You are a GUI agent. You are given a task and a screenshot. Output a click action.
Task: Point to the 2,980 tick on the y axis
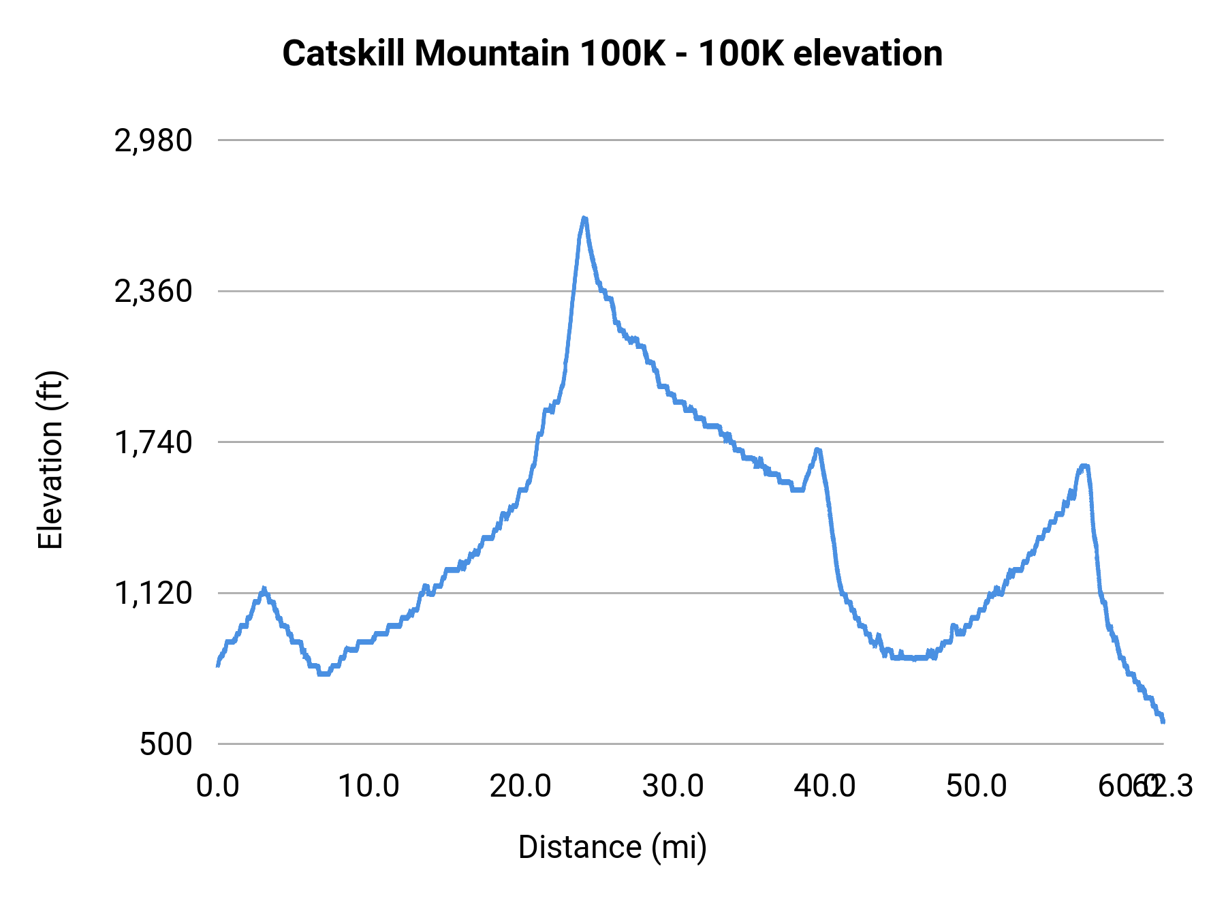pos(153,140)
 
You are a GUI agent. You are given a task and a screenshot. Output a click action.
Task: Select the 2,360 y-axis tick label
pos(153,292)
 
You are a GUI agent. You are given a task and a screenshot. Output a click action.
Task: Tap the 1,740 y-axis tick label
pos(153,442)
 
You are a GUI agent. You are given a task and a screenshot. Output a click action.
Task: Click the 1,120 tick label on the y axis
pos(153,594)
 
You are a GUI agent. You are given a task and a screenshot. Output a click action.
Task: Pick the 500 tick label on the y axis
pos(166,744)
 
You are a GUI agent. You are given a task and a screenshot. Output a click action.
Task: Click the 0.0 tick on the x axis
pos(218,786)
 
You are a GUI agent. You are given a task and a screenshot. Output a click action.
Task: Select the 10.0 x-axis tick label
pos(369,786)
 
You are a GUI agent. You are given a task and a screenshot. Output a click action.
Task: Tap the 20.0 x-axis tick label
pos(521,786)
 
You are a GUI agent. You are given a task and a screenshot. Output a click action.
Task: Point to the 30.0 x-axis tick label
pos(673,786)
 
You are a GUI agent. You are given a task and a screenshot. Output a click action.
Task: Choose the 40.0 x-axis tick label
pos(825,786)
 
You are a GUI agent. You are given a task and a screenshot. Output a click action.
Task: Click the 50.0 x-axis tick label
pos(977,786)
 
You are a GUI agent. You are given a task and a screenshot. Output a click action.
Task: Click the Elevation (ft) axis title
pos(50,460)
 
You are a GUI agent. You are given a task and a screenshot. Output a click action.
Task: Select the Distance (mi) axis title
pos(612,847)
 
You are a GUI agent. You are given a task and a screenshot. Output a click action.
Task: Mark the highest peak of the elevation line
pos(584,218)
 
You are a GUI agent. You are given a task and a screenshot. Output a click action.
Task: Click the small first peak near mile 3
pos(264,589)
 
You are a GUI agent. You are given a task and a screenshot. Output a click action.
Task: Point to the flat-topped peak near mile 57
pos(1084,466)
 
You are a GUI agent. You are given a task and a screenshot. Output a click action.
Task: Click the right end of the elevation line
pos(1163,721)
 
